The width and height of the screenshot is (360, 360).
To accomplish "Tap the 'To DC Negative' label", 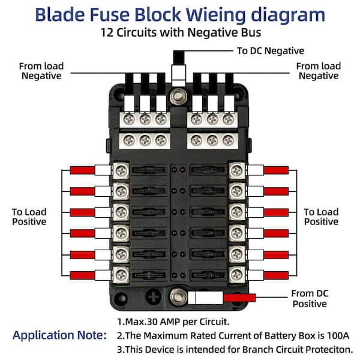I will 270,51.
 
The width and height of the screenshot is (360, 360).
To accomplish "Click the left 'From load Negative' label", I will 40,71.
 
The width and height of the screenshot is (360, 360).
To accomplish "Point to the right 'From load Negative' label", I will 318,71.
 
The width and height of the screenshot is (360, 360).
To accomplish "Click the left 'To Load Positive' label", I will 29,217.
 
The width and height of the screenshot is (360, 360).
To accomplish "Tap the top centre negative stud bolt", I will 178,96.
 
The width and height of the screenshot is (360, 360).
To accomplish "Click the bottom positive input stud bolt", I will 178,295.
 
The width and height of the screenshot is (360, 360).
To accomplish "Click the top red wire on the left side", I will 82,170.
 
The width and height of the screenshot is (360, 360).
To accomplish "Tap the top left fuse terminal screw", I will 122,170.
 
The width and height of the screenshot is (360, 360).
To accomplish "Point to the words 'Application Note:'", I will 59,335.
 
